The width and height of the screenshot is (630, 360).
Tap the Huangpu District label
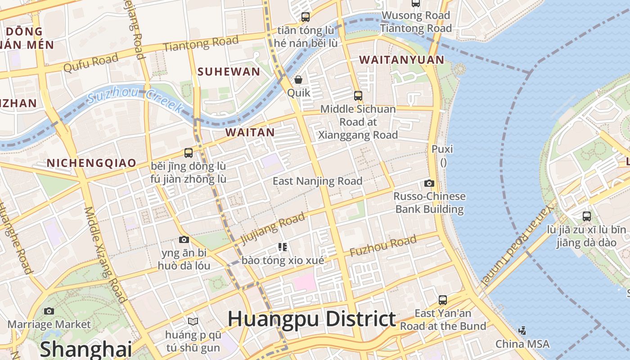click(311, 319)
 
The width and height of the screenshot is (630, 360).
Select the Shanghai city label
click(85, 349)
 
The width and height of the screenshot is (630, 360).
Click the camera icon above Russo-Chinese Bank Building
click(429, 183)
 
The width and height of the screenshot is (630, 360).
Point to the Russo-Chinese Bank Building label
click(429, 202)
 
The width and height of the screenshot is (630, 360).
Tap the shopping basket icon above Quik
click(298, 80)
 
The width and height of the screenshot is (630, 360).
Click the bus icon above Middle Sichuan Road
click(358, 95)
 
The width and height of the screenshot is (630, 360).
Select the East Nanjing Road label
click(317, 181)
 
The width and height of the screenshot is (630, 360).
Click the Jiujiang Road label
click(273, 228)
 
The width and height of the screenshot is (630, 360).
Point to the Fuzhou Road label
click(383, 246)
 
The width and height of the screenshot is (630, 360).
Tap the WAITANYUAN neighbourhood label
click(401, 59)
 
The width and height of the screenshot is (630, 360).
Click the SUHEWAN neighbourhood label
click(229, 72)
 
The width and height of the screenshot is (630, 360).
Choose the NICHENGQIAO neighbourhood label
click(91, 163)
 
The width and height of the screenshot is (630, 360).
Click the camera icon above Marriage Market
click(49, 311)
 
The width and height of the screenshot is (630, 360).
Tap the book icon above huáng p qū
click(193, 321)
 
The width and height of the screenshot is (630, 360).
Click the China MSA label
click(522, 344)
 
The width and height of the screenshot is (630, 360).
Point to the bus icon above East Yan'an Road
click(443, 300)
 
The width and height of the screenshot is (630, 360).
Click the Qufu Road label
click(91, 63)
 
